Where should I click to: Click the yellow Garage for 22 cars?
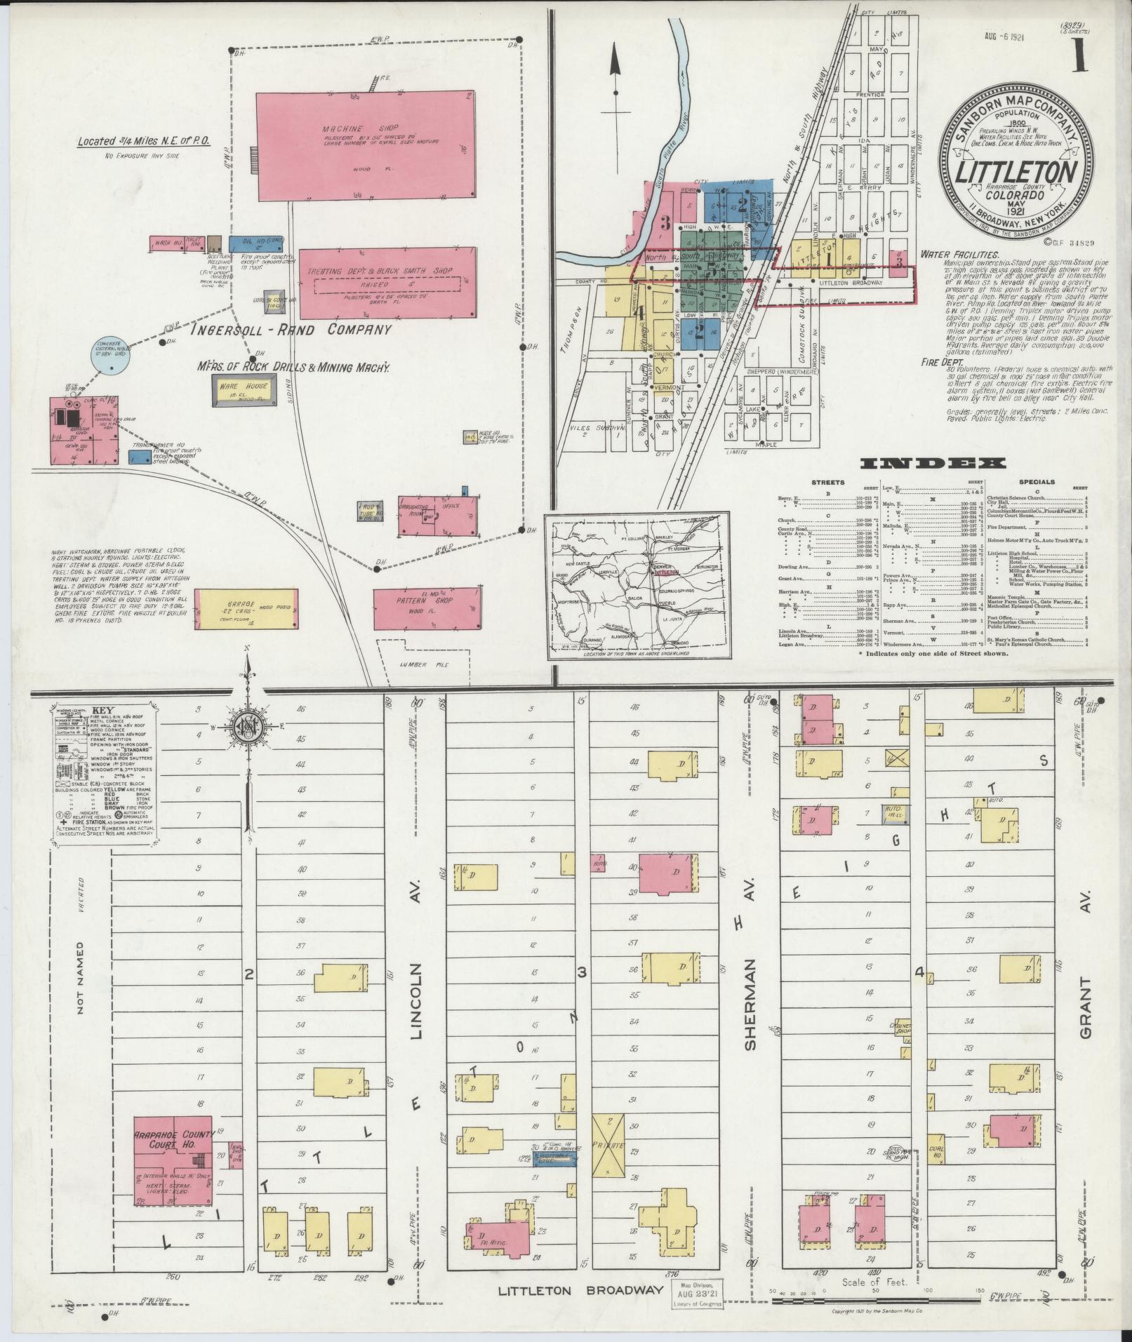246,608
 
